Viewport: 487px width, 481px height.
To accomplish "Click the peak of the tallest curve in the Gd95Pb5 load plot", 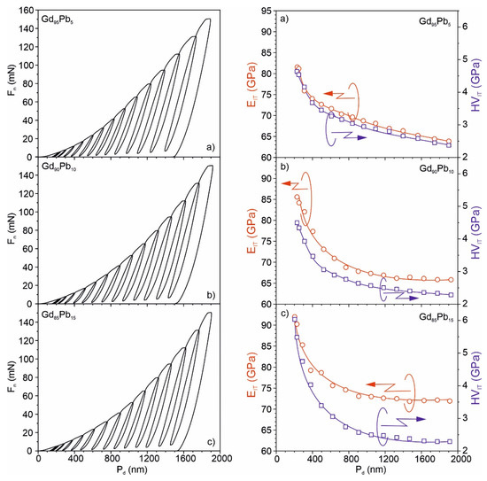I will coord(208,19).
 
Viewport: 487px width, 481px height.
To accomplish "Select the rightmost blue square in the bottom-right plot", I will coord(450,441).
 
